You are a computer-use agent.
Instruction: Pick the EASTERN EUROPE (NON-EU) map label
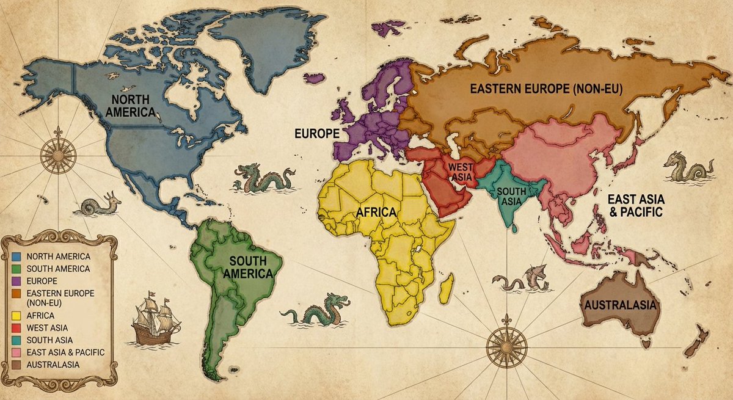click(x=545, y=89)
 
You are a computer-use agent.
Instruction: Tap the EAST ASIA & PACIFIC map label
click(x=635, y=206)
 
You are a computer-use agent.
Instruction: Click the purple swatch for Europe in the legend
click(x=16, y=281)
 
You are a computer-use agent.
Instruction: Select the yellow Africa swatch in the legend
click(x=16, y=316)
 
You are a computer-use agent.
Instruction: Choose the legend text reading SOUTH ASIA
click(x=50, y=340)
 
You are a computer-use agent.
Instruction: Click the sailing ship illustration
click(x=156, y=318)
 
